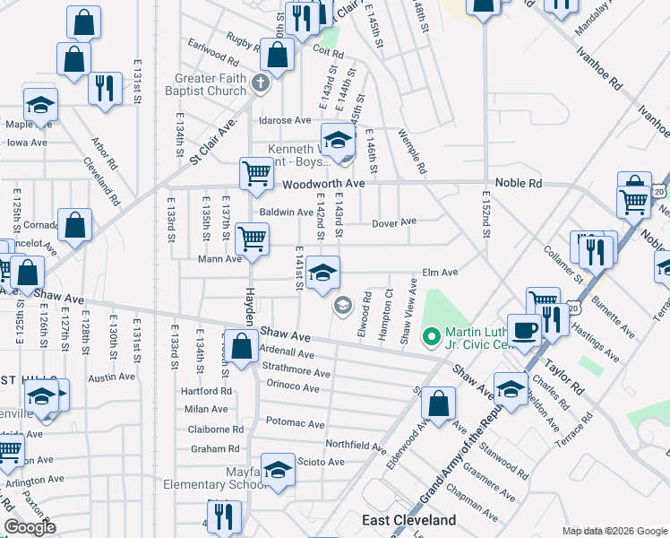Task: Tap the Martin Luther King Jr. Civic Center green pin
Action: pos(431,337)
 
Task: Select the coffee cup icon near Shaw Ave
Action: pos(525,328)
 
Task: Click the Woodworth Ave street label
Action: pos(323,184)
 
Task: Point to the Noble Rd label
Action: pos(546,183)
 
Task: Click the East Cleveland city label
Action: pos(408,520)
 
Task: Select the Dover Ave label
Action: pos(395,221)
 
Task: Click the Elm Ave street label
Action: pos(440,272)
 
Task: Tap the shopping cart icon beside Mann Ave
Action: pos(252,239)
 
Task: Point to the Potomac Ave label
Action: pos(295,422)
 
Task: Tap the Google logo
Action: pos(30,527)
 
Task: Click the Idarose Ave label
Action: pos(284,120)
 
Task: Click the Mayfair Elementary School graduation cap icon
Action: pos(279,472)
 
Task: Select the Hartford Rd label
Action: pos(206,391)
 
